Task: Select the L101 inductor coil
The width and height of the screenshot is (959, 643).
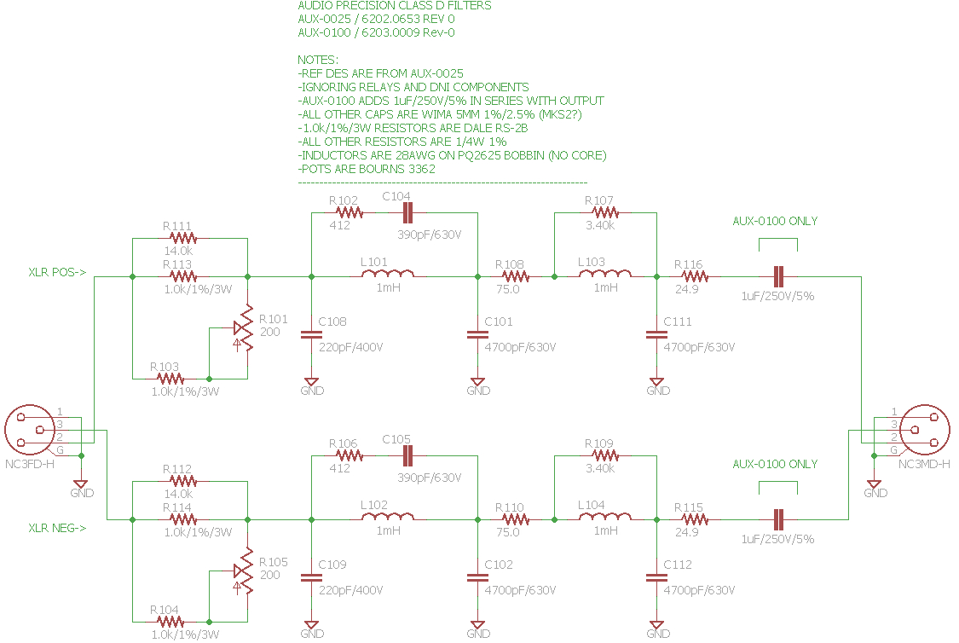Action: coord(389,276)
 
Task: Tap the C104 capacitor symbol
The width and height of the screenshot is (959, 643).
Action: coord(407,213)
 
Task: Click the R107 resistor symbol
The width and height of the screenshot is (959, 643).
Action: coord(605,213)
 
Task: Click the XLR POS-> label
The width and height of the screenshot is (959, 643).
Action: coord(57,273)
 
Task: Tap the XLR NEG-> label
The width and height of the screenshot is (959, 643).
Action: coord(57,529)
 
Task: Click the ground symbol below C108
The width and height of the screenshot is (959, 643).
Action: coord(311,381)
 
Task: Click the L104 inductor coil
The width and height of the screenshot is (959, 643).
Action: coord(605,518)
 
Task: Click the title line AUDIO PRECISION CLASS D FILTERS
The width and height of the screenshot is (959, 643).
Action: coord(394,6)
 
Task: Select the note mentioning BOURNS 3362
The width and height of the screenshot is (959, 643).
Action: coord(367,169)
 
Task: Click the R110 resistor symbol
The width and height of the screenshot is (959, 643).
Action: coord(513,518)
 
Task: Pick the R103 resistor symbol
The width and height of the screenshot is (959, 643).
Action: coord(170,378)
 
